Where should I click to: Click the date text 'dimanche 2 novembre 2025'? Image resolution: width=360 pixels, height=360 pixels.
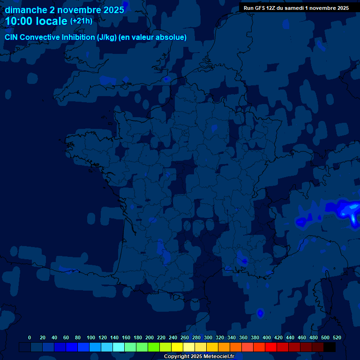(65, 10)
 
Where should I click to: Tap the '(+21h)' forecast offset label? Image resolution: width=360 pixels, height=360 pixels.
(81, 21)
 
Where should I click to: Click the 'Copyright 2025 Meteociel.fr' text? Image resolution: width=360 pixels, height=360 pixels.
(199, 357)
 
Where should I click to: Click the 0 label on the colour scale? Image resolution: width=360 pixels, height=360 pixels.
(30, 337)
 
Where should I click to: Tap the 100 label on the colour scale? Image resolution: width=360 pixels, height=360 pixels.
(91, 337)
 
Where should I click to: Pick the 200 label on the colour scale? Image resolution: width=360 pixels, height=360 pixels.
(150, 337)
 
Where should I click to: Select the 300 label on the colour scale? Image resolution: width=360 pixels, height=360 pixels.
(208, 337)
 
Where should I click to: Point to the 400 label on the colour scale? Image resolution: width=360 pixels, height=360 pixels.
(267, 337)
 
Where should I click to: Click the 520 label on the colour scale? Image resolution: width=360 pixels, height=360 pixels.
(337, 337)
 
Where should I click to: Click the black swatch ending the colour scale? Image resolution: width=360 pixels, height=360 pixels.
(330, 347)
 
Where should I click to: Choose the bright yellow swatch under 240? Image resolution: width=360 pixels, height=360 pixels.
(177, 347)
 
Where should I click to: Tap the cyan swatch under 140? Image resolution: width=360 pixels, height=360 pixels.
(118, 347)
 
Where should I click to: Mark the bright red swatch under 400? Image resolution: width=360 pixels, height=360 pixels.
(270, 347)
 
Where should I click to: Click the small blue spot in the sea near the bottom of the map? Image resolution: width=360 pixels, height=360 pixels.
(261, 313)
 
